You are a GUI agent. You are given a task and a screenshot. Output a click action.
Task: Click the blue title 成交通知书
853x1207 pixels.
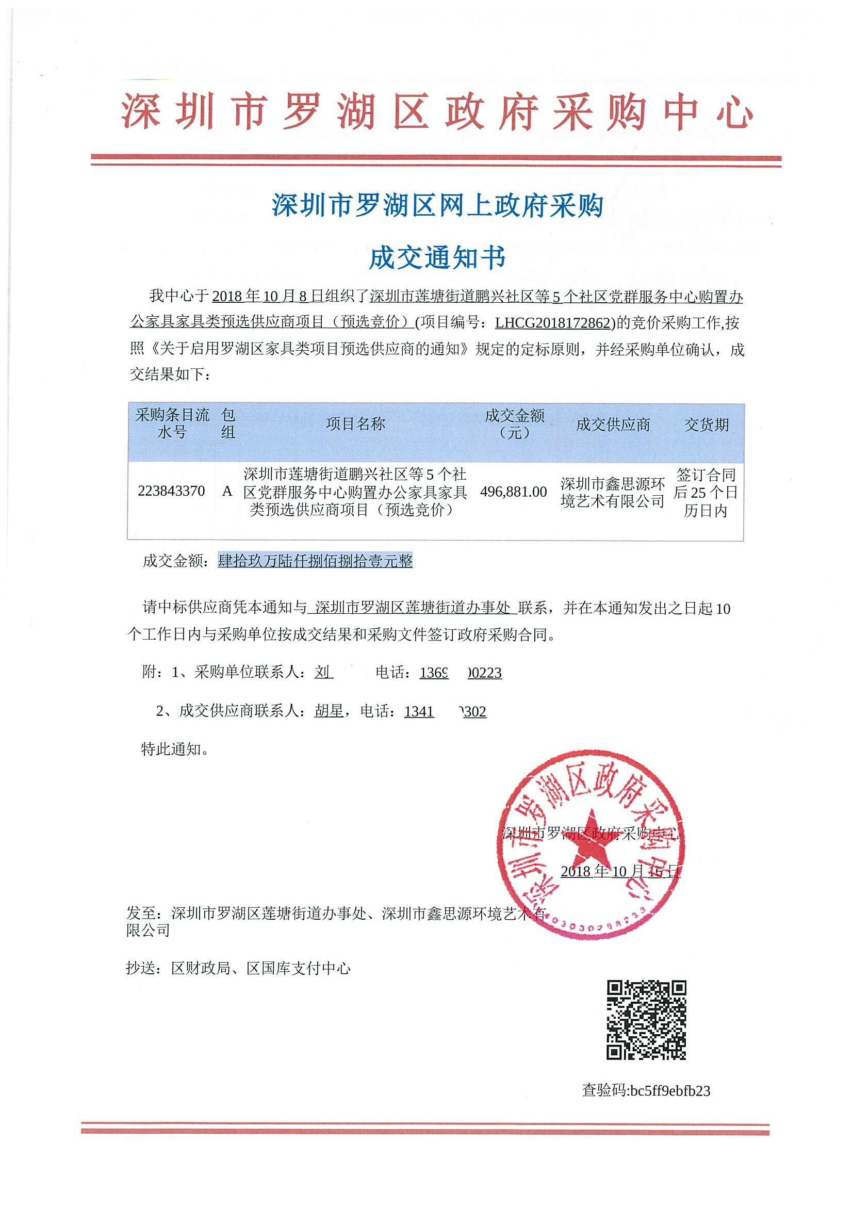point(437,258)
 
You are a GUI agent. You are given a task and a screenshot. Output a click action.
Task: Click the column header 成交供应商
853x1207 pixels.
point(613,425)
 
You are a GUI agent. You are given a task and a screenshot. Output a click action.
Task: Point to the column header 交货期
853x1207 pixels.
point(707,425)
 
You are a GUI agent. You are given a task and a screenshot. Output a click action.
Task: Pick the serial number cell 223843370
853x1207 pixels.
point(171,491)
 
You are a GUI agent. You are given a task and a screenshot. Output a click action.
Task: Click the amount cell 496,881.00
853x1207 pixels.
point(514,492)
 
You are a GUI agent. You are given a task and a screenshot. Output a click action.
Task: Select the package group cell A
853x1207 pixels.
point(227,491)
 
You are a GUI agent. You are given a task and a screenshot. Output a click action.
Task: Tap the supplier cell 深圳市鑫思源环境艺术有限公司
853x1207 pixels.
point(613,493)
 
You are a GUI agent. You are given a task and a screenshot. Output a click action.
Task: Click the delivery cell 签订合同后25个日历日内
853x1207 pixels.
point(706,493)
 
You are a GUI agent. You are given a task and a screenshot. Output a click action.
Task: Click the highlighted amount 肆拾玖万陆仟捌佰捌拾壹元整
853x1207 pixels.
point(315,561)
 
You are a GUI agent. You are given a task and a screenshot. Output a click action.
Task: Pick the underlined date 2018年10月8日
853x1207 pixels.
point(267,297)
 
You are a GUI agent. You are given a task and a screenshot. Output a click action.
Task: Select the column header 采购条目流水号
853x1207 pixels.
point(172,423)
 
